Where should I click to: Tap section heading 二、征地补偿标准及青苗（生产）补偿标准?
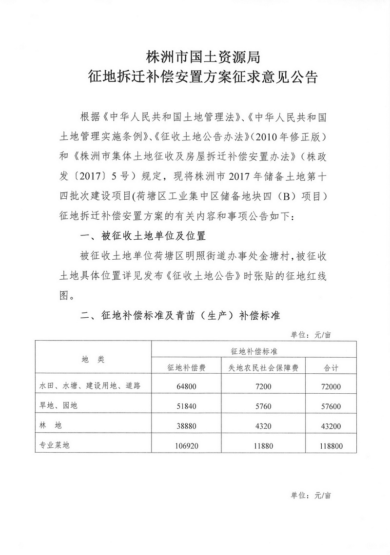point(180,316)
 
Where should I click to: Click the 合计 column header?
point(331,368)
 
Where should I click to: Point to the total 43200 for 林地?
point(331,425)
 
